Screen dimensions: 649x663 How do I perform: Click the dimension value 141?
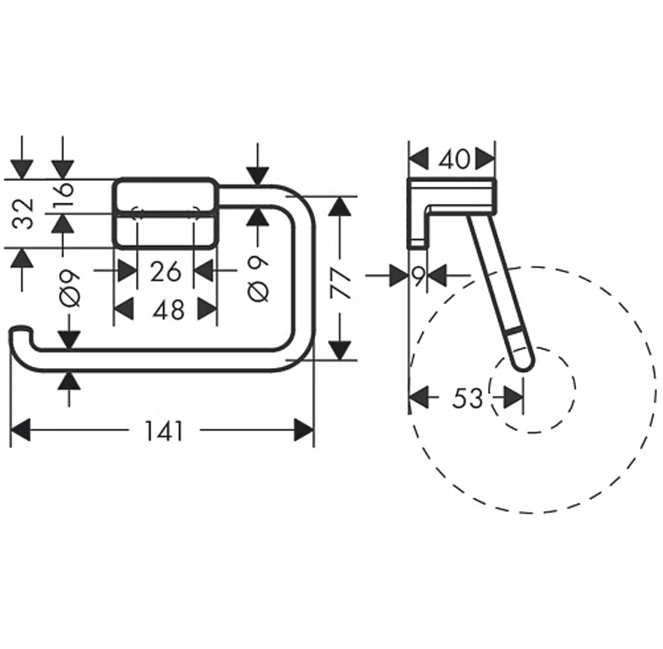coord(164,431)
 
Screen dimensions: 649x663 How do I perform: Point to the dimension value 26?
coord(165,271)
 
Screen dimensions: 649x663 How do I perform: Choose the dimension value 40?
coord(454,160)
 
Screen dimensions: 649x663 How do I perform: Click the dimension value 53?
coord(467,397)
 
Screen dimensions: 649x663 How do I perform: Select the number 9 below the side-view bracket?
coord(419,276)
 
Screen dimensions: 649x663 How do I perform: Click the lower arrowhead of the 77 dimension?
coord(341,350)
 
